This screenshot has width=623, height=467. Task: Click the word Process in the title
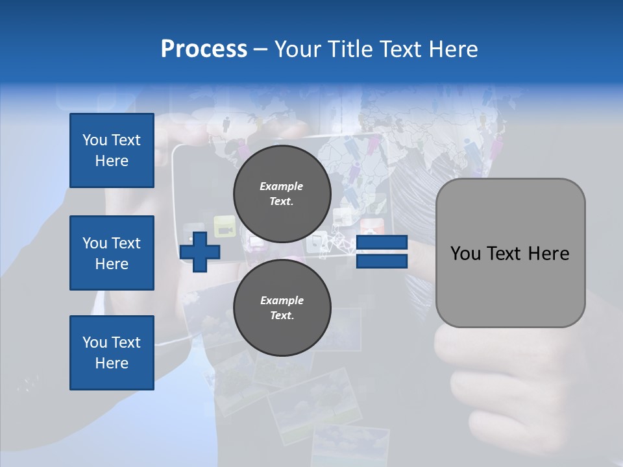tap(204, 49)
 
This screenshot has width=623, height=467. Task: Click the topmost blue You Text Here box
tap(112, 150)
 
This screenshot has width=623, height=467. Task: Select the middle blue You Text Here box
tap(112, 253)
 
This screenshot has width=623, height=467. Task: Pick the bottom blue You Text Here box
tap(112, 353)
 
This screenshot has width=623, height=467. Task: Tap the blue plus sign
tap(200, 252)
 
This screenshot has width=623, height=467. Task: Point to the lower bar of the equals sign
tap(382, 261)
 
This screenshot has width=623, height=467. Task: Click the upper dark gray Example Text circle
tap(282, 193)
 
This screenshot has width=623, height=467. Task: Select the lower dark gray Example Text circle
tap(282, 307)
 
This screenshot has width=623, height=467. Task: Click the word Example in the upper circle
tap(282, 186)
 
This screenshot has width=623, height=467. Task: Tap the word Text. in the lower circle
tap(282, 316)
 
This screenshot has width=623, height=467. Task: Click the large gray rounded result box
tap(510, 253)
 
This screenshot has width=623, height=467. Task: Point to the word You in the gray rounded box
tap(465, 254)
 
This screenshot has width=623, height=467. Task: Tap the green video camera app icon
tap(225, 226)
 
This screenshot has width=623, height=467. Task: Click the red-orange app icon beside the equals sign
tap(373, 226)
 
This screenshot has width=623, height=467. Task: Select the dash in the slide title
tap(260, 49)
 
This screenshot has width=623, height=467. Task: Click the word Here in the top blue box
tap(112, 161)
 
